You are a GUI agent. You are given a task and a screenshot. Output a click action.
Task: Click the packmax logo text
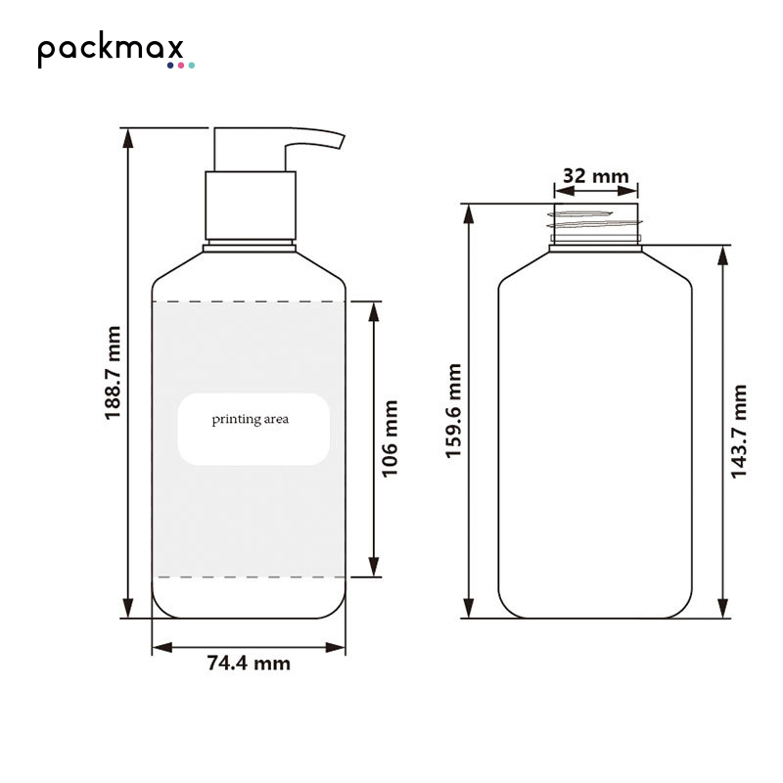pyautogui.click(x=111, y=49)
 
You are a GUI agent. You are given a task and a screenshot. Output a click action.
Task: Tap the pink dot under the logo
pyautogui.click(x=181, y=66)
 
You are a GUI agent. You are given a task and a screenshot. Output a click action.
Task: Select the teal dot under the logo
pyautogui.click(x=191, y=66)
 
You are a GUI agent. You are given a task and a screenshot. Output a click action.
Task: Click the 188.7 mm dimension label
pyautogui.click(x=113, y=373)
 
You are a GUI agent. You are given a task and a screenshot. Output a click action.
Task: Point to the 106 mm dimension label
pyautogui.click(x=390, y=438)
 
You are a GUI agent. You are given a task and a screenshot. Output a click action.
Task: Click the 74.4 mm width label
pyautogui.click(x=249, y=664)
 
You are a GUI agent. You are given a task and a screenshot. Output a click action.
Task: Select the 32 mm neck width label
pyautogui.click(x=596, y=176)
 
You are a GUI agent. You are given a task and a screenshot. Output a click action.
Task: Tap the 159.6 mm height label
pyautogui.click(x=453, y=410)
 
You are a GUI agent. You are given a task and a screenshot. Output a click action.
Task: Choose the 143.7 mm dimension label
pyautogui.click(x=739, y=432)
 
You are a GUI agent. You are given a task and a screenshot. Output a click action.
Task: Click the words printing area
pyautogui.click(x=251, y=420)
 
